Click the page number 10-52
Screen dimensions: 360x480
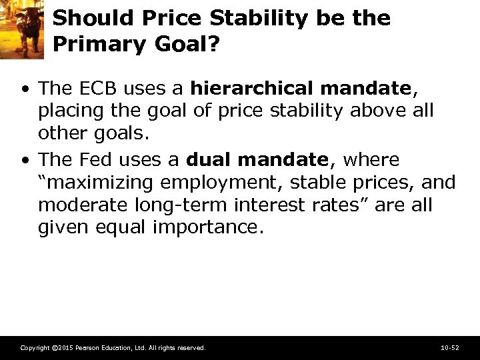pyautogui.click(x=450, y=348)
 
